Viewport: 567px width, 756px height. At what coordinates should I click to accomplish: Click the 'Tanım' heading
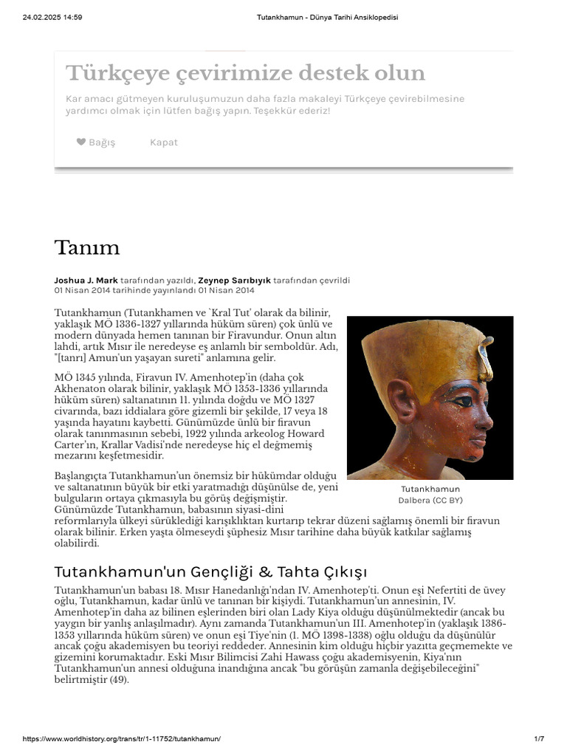coord(86,248)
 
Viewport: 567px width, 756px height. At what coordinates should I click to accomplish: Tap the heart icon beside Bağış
coord(81,142)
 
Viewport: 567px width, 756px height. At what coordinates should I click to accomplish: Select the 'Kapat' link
coord(163,142)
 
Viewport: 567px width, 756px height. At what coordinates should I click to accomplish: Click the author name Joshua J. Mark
coord(86,281)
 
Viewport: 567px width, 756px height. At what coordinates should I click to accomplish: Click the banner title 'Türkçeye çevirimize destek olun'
coord(245,73)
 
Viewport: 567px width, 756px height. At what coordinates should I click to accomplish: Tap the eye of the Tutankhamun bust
coord(461,402)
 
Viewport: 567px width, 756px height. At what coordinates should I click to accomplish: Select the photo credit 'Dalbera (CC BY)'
coord(430,500)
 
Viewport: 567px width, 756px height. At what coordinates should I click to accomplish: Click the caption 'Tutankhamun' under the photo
coord(430,489)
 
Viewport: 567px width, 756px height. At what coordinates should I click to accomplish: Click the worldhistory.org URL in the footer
coord(122,739)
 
